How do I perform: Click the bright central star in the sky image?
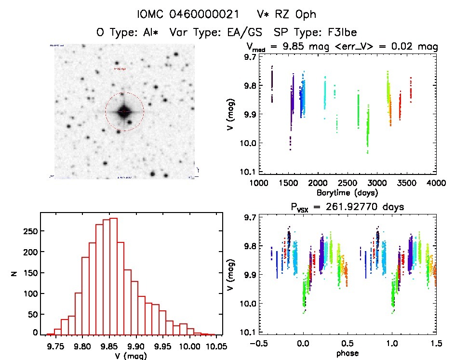pyautogui.click(x=124, y=111)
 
